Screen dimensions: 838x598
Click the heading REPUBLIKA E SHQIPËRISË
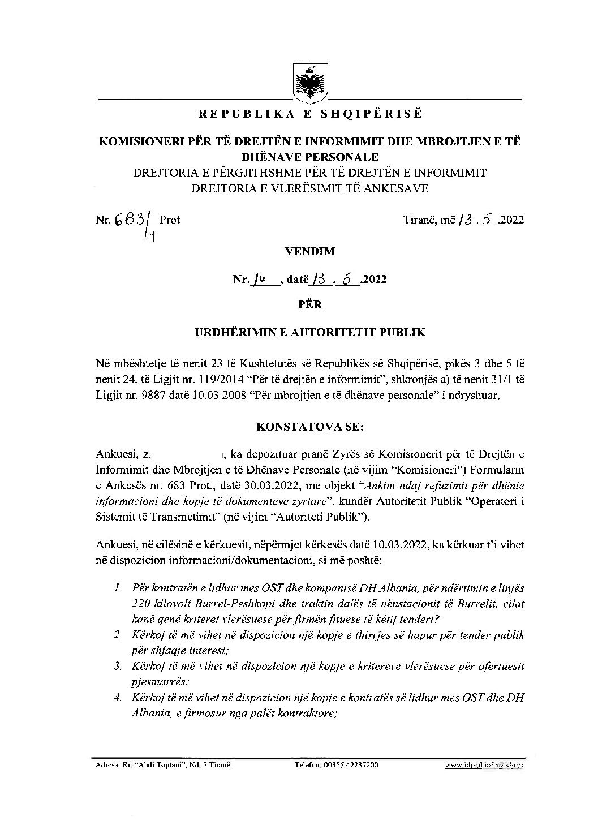coord(309,114)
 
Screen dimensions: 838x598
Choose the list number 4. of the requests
coord(117,698)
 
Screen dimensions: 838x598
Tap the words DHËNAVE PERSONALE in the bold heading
coord(309,157)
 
